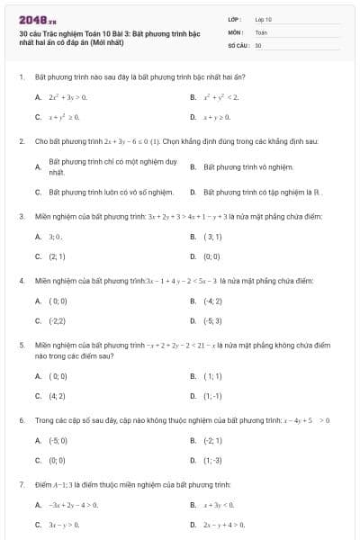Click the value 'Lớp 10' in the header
point(264,18)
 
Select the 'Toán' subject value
point(262,31)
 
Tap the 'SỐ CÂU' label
point(238,44)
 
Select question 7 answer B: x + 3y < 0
point(219,505)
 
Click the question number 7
point(21,484)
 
